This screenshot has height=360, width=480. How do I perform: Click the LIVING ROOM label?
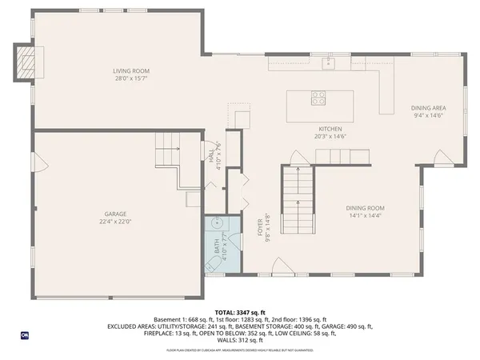(130, 72)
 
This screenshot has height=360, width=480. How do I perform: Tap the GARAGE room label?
(115, 214)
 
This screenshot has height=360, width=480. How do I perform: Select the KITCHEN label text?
(330, 129)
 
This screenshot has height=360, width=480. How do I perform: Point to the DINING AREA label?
(429, 107)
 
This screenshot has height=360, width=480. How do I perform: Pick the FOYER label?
(259, 225)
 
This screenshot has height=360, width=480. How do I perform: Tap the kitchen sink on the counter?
(327, 62)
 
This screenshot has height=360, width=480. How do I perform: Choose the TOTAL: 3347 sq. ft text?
(239, 311)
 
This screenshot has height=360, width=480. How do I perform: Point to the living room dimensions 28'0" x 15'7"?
(130, 79)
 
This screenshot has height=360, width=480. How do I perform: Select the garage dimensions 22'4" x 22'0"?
(115, 221)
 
